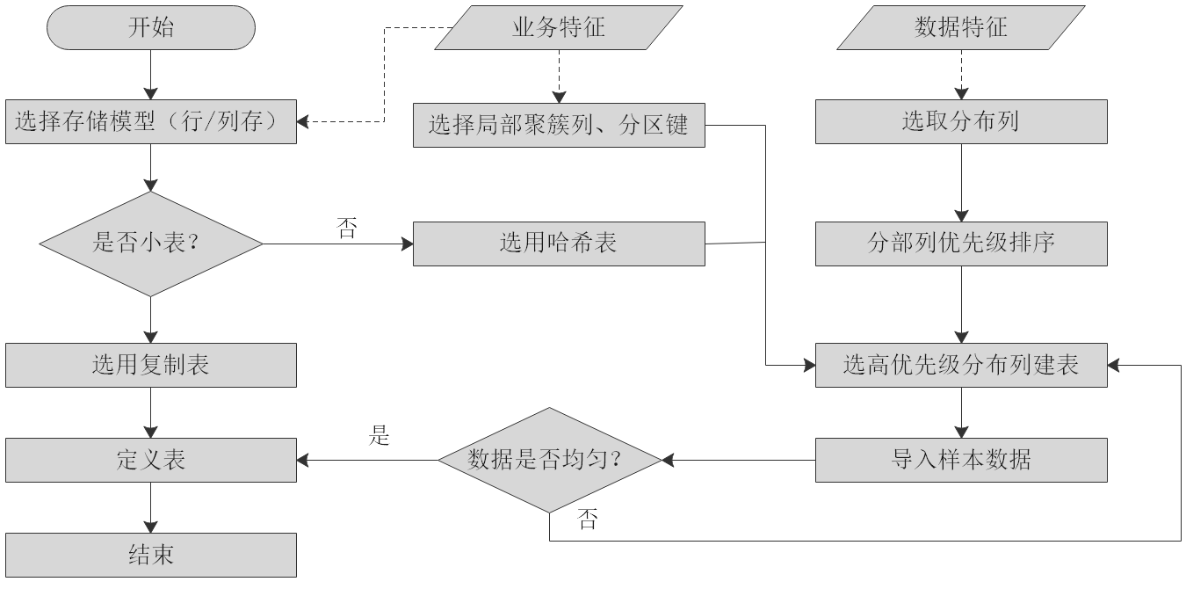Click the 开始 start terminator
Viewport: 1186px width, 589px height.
[151, 27]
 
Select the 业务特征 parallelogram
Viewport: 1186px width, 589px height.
[559, 27]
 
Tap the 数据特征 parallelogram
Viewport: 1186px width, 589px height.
[961, 27]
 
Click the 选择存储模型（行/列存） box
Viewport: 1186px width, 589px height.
[151, 122]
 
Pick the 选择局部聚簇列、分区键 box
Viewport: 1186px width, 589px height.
[559, 125]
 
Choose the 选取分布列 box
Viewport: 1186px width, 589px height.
[961, 121]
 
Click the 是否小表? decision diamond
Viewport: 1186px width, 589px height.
[151, 244]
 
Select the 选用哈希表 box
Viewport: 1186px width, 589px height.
[559, 244]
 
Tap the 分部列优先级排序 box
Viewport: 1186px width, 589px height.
[961, 244]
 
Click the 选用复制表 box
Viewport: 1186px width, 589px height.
[151, 365]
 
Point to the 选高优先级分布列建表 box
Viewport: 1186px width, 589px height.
[961, 365]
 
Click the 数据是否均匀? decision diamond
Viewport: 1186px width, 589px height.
[550, 460]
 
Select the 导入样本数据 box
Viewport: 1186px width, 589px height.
[961, 460]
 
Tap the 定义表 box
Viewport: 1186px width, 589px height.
[151, 460]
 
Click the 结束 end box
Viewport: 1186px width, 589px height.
[151, 555]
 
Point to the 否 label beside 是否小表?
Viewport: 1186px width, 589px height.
[347, 229]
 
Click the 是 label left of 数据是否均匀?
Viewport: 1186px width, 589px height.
[380, 435]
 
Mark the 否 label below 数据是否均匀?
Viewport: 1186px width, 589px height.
[588, 520]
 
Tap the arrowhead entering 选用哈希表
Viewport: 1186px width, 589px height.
[407, 244]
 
